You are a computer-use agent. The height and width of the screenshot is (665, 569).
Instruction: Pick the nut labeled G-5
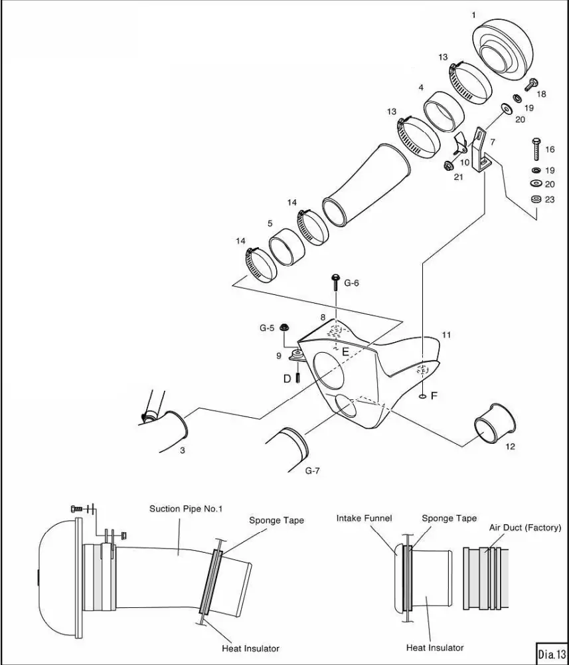coord(285,327)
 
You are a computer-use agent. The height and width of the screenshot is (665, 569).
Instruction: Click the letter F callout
coord(434,395)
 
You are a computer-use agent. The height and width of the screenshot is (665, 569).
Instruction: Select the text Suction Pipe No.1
coord(186,509)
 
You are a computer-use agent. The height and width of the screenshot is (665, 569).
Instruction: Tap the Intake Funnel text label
coord(364,518)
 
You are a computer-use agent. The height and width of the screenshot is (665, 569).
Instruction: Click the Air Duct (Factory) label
coord(521,527)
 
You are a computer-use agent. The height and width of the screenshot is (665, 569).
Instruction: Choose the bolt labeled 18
coord(532,84)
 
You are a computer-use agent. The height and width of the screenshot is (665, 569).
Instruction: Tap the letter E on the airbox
coord(345,353)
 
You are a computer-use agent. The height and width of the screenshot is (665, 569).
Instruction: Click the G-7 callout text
coord(313,471)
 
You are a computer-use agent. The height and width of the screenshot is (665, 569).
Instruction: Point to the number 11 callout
coord(446,335)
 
